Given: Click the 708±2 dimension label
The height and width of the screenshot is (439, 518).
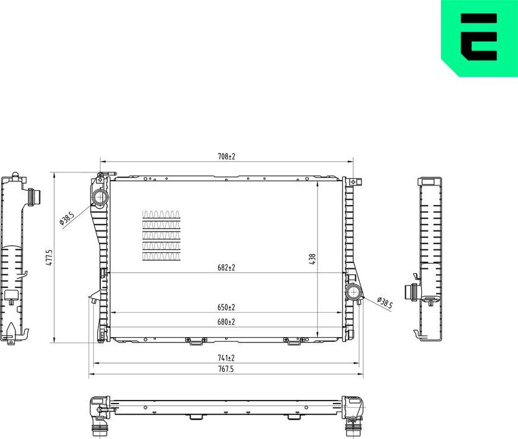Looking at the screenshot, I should point(226,156).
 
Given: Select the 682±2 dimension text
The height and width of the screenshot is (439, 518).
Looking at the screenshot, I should point(226,268).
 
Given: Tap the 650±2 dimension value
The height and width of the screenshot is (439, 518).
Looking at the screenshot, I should point(226,307).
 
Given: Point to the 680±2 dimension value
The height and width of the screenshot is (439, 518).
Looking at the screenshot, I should point(226,322).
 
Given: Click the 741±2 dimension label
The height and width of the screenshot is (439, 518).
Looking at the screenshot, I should point(226,358).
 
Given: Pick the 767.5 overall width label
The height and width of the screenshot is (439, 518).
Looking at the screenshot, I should point(226,369).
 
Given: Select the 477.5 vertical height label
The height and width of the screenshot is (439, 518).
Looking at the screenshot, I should point(50,257).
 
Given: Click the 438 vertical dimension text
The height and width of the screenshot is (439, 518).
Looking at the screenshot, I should point(312,259).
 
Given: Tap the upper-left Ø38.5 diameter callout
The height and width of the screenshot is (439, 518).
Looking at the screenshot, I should point(66,219).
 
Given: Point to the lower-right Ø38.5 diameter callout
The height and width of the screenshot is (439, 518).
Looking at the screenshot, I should point(385,304).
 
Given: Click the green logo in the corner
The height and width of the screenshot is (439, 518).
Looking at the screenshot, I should point(479,37).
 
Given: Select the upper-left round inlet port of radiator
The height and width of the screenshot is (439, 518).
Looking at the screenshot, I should point(99,197).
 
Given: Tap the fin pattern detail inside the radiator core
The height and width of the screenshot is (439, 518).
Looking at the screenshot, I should point(162,235).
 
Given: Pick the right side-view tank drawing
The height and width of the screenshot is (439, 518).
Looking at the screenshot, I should point(429,258).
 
